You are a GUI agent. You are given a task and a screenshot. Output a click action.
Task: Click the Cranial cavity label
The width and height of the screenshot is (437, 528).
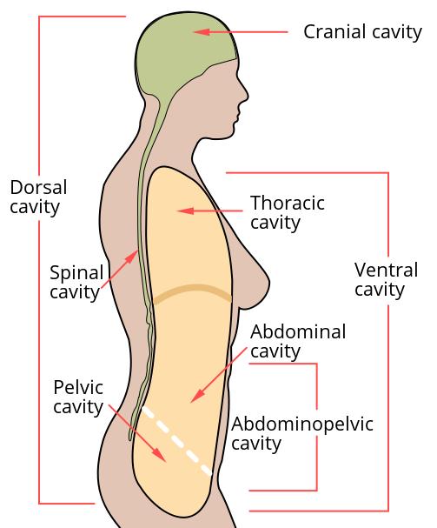362,32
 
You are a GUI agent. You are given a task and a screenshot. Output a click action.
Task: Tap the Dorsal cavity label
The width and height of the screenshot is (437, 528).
38,197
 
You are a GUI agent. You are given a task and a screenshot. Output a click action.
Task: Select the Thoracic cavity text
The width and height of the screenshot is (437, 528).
288,213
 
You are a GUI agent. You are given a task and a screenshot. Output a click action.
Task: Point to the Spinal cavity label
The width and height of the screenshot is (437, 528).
76,282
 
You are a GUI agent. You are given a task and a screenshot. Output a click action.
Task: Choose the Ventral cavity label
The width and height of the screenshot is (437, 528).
386,280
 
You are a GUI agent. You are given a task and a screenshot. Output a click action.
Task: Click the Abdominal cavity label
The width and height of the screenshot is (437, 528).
298,342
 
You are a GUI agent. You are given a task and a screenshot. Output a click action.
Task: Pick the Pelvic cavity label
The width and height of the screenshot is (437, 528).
78,398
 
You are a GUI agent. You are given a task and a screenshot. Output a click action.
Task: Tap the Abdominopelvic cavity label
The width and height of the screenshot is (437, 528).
301,434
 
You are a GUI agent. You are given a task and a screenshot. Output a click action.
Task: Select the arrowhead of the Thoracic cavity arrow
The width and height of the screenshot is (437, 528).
186,211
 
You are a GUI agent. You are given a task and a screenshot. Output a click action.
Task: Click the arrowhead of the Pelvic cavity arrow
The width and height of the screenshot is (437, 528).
160,455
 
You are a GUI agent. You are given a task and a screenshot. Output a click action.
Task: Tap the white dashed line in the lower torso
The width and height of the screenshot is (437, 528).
177,441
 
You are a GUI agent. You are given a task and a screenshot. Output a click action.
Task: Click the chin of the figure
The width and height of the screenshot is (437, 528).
228,134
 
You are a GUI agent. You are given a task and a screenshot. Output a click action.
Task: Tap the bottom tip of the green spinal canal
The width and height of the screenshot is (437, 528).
130,438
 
